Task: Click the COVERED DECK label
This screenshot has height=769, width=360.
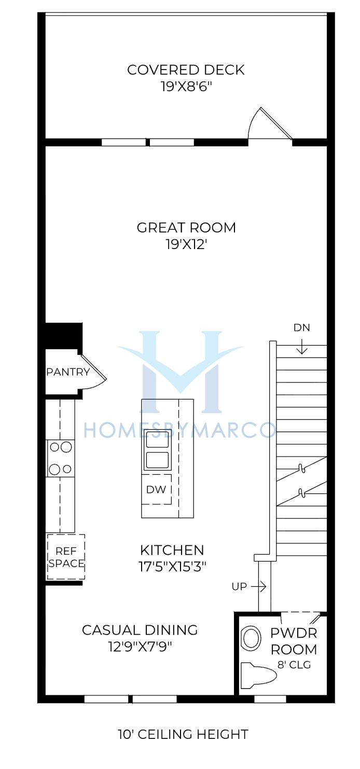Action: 186,70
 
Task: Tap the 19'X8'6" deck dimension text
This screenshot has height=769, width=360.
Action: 186,87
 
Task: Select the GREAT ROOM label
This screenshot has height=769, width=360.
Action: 186,227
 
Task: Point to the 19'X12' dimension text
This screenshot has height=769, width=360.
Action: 186,244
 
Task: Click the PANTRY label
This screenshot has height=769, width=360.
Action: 68,372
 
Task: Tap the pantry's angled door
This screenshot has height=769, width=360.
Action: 93,367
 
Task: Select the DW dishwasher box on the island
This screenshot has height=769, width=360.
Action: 157,489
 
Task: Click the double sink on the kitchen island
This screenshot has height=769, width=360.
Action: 157,450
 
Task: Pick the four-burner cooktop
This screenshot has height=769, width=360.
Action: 61,458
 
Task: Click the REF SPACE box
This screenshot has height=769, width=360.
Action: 66,557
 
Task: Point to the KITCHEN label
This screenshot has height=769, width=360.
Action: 172,550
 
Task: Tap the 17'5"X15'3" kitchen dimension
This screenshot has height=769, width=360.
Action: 172,567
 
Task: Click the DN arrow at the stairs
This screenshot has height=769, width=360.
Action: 302,346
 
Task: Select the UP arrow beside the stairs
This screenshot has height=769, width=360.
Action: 259,587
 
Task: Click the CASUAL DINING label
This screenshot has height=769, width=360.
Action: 140,630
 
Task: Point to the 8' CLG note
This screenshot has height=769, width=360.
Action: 294,665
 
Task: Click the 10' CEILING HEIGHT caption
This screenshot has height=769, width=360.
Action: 183,734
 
